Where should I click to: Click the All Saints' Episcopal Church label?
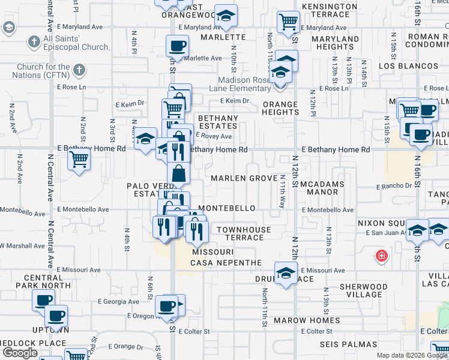[x=76, y=43]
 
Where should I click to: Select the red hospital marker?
[x=381, y=257]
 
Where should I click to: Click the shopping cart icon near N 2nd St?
[x=79, y=160]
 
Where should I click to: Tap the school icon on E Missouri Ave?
[x=286, y=274]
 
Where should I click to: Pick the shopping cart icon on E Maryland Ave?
[x=288, y=23]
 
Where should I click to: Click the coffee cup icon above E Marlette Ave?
[x=177, y=46]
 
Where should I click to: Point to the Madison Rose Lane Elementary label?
[x=252, y=84]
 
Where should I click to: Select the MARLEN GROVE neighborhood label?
[x=244, y=179]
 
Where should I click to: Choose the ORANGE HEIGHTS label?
[x=280, y=108]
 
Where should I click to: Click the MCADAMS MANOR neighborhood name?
[x=322, y=188]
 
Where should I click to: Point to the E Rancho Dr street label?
[x=394, y=186]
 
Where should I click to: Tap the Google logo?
[x=20, y=353]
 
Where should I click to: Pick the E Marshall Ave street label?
[x=24, y=245]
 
